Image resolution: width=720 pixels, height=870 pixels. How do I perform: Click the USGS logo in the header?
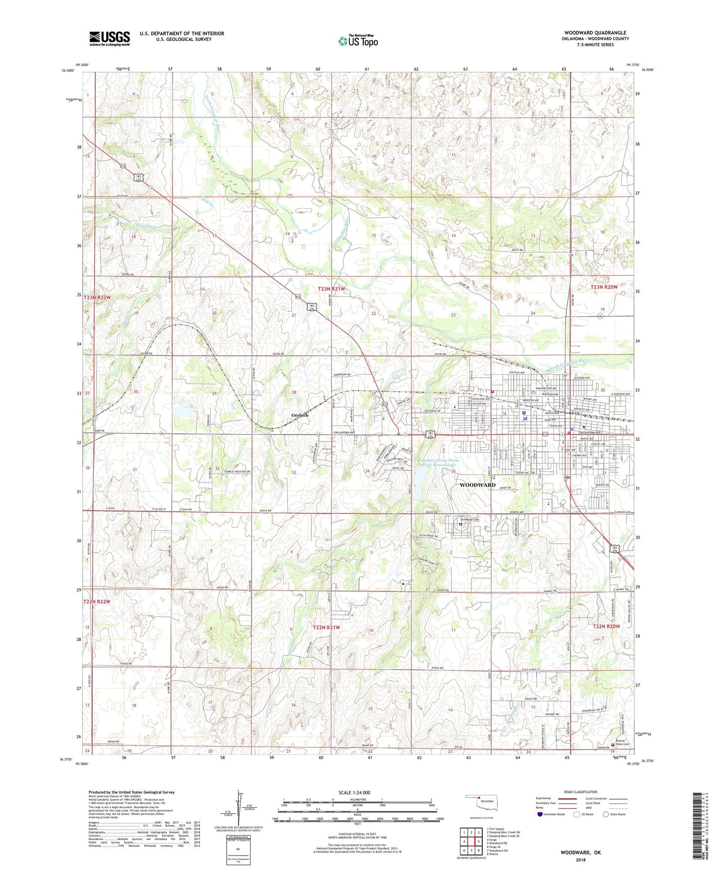click(109, 38)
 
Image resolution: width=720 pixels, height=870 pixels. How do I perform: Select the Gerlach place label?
click(300, 415)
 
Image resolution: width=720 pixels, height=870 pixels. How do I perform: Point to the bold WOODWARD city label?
click(477, 485)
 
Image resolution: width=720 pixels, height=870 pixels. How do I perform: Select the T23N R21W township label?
click(332, 289)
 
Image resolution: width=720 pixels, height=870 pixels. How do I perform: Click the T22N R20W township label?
click(606, 626)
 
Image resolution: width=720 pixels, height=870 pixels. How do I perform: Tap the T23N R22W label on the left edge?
click(97, 297)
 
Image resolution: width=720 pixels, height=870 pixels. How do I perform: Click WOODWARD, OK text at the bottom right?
click(580, 852)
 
